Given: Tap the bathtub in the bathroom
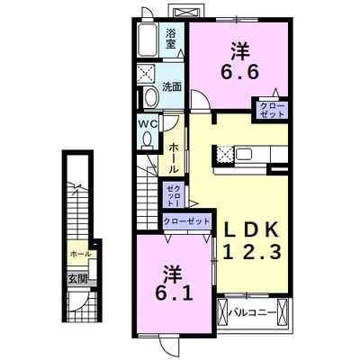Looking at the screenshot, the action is click(148, 40).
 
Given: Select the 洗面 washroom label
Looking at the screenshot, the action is click(172, 87).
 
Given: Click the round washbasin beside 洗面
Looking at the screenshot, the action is click(151, 97).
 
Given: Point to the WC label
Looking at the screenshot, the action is click(148, 124).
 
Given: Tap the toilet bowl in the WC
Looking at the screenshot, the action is click(147, 139).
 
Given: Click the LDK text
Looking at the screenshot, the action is click(252, 230).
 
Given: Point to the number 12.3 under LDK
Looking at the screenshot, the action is click(252, 252).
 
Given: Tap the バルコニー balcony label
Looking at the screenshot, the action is click(252, 313).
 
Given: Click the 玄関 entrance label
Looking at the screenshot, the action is click(77, 279).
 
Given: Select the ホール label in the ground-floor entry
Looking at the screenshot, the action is click(80, 254).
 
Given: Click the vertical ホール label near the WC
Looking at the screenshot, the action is click(173, 158).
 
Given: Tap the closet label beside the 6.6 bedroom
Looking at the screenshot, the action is click(272, 110).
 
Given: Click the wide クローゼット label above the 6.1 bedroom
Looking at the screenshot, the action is click(186, 221).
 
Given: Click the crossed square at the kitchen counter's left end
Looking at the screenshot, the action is click(222, 155).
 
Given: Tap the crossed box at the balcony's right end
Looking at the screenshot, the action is click(283, 313).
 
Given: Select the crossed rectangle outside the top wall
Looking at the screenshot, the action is click(186, 12).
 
